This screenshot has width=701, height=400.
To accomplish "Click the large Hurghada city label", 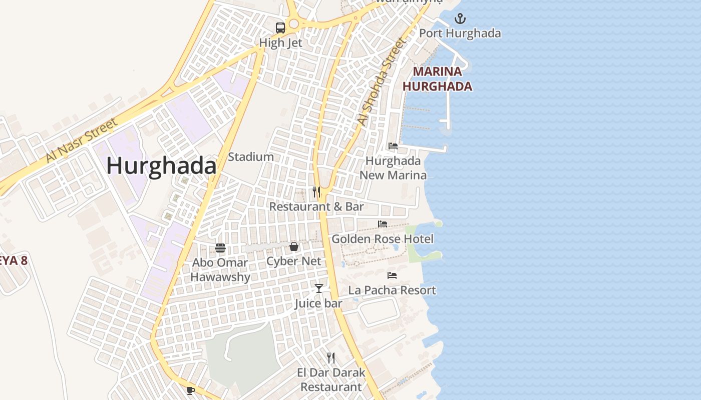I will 161,166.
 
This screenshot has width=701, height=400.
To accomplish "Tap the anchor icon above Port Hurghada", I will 460,19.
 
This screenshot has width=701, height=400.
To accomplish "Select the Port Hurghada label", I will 460,33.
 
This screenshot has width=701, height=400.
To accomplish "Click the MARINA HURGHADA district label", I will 437,78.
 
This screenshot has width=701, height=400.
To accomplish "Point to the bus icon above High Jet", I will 280,28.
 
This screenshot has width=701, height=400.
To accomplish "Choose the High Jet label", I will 280,43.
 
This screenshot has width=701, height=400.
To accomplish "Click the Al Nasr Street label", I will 81,140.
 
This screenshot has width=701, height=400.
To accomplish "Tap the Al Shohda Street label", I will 381,82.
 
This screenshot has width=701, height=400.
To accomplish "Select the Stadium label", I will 251,157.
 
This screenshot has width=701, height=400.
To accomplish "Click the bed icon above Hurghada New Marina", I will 393,146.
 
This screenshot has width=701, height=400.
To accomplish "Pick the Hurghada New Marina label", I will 393,168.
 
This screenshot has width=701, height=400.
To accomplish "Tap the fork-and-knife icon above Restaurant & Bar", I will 316,192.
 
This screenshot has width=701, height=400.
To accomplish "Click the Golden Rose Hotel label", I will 383,239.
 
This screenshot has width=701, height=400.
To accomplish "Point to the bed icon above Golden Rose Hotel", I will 383,224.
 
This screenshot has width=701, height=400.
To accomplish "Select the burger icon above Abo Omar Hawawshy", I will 220,247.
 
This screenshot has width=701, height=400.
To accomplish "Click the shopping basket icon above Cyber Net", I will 294,246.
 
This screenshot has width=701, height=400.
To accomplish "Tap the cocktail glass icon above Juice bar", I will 319,288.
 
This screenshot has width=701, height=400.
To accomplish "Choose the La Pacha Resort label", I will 392,290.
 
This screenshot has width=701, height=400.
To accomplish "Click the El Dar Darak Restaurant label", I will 331,379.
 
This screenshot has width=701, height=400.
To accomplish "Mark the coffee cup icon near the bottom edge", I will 190,390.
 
